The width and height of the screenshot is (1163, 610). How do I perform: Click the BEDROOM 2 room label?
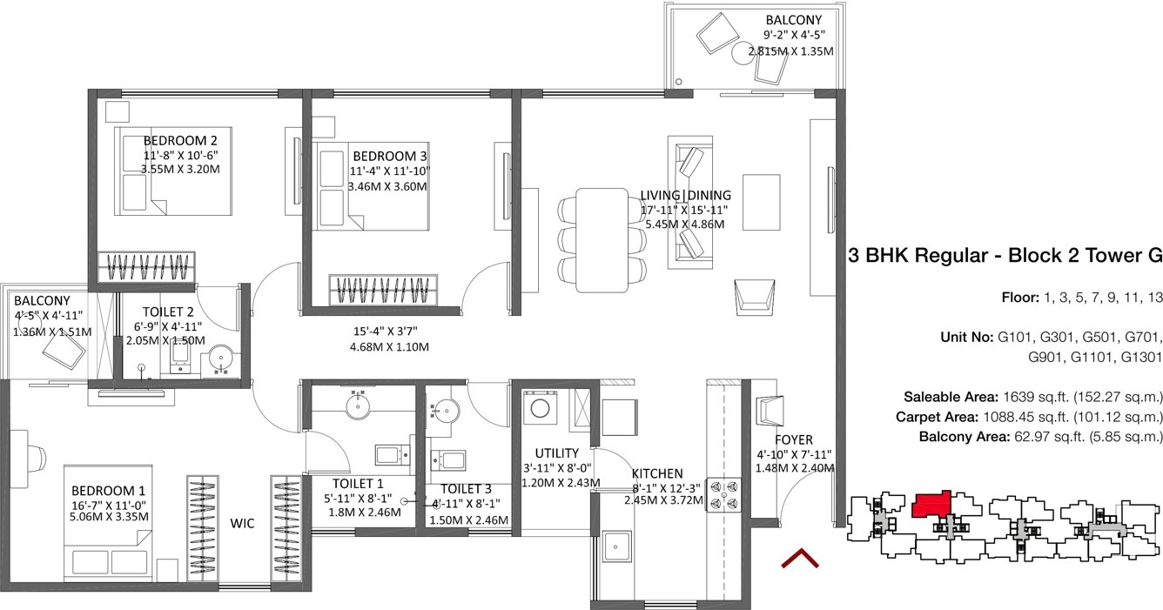(180, 141)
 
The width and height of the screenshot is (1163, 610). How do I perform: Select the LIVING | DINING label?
(685, 195)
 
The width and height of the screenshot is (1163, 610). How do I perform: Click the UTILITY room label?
(557, 452)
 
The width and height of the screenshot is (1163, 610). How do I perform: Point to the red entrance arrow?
(800, 557)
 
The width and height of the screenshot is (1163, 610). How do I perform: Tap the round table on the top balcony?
(743, 53)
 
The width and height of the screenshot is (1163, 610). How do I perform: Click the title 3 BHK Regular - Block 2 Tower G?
(1005, 256)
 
